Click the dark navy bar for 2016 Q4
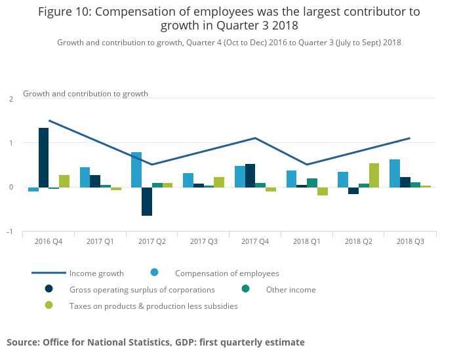(43, 157)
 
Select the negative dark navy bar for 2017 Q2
(147, 201)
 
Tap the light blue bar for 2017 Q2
(136, 170)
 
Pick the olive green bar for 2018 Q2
(374, 175)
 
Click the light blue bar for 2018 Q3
(395, 173)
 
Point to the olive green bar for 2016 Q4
(64, 181)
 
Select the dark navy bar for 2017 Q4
(250, 176)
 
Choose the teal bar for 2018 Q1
(312, 183)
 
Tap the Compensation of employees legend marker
(155, 273)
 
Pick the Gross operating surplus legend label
(142, 290)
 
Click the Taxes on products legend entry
(153, 306)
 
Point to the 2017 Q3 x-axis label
(203, 242)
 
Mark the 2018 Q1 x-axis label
(307, 242)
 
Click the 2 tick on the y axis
(10, 99)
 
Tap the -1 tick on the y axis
(9, 232)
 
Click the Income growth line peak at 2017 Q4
(255, 138)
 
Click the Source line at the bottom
(155, 342)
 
